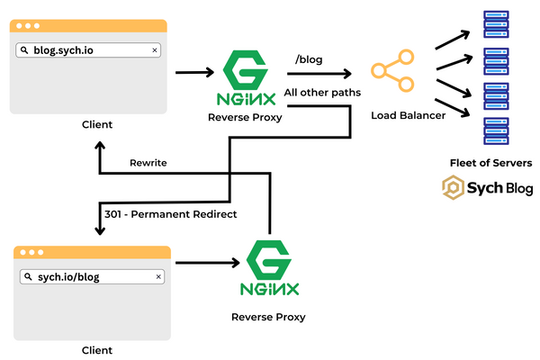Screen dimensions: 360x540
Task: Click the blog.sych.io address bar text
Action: coord(62,50)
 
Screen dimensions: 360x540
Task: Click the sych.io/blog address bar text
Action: coord(62,276)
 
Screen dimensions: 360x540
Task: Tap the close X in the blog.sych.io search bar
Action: coord(154,50)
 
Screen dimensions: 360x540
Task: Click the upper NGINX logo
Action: coord(243,76)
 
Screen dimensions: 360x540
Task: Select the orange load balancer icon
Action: coord(392,72)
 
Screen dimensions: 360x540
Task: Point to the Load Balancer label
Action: coord(408,115)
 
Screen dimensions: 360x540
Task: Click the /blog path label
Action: coord(309,59)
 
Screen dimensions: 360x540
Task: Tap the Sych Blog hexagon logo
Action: coord(454,188)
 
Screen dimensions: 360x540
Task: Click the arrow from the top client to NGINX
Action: coord(193,72)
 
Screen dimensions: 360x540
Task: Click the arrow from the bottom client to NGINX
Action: coord(206,263)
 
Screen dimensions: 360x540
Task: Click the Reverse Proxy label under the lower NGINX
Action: coord(268,317)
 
